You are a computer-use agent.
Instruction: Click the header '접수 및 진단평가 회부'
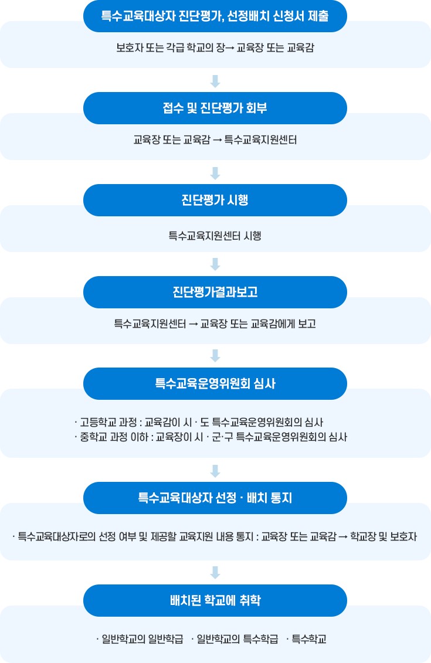point(215,108)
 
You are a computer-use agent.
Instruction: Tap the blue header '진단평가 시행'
point(215,200)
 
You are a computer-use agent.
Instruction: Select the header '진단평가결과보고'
point(215,292)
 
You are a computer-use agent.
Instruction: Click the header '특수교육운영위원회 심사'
point(215,383)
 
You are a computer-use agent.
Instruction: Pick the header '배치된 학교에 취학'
point(215,600)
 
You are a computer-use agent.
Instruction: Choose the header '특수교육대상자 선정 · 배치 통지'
point(215,498)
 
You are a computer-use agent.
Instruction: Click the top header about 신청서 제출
point(215,16)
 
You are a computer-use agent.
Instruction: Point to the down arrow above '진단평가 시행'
point(215,174)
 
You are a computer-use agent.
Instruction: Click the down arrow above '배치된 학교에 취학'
point(215,573)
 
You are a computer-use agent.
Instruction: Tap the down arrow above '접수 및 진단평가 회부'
point(215,81)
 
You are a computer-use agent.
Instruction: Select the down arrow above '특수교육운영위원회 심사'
point(215,356)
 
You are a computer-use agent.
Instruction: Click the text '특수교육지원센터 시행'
point(215,236)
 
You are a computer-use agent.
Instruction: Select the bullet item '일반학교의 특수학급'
point(237,639)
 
